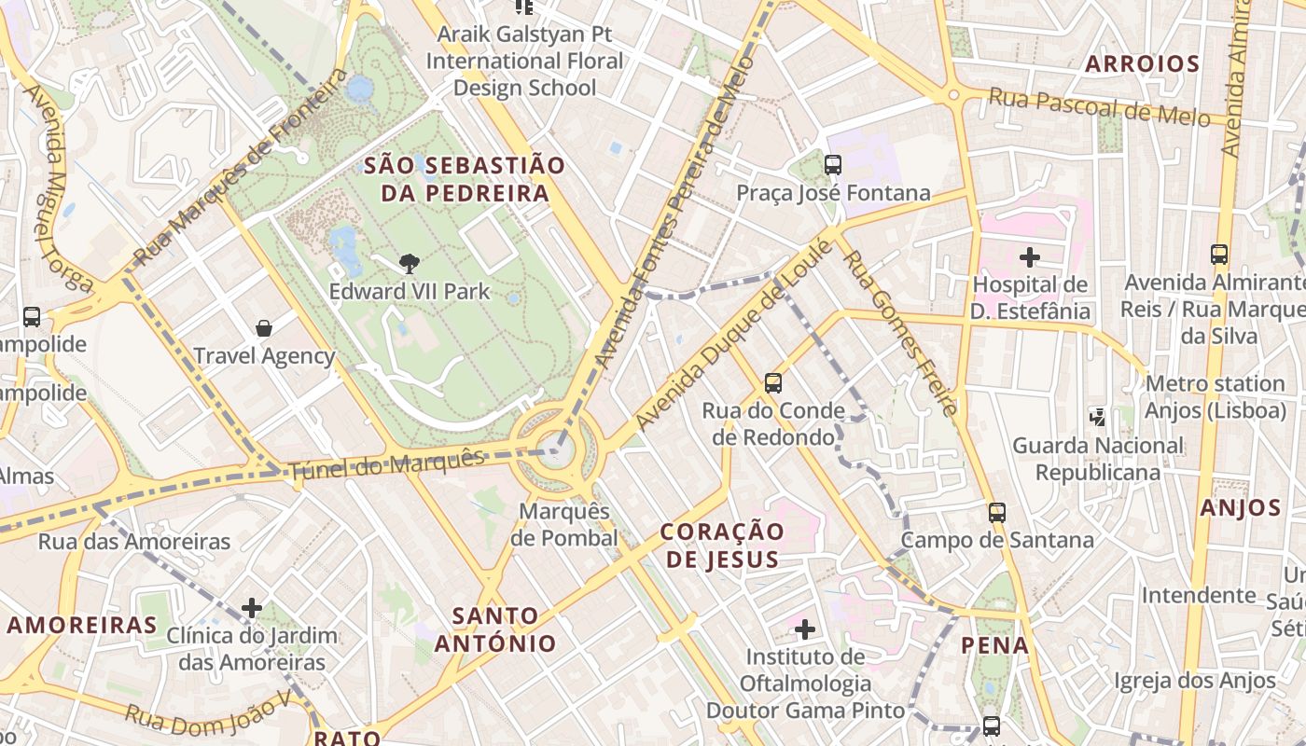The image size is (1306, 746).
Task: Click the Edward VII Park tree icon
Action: click(409, 264)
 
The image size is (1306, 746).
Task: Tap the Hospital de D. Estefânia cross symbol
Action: click(1030, 256)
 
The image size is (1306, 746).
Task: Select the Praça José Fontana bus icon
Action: click(833, 165)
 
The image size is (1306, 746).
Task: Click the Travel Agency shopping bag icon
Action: click(264, 328)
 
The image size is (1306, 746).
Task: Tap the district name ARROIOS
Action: click(1143, 64)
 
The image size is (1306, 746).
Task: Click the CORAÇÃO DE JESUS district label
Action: click(722, 545)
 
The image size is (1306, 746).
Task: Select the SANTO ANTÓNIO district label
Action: click(495, 629)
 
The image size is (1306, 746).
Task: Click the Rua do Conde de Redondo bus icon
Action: click(772, 382)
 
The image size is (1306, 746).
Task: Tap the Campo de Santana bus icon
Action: click(997, 512)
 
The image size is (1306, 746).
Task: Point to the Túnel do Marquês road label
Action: click(387, 463)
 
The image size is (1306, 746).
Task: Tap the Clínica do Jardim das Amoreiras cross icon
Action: click(252, 608)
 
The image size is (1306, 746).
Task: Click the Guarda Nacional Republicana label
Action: click(1097, 459)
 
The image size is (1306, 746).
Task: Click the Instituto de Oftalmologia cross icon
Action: click(805, 629)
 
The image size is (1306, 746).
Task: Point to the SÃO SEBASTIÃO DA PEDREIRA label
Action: click(465, 179)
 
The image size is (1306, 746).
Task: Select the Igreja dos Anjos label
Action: click(1194, 681)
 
